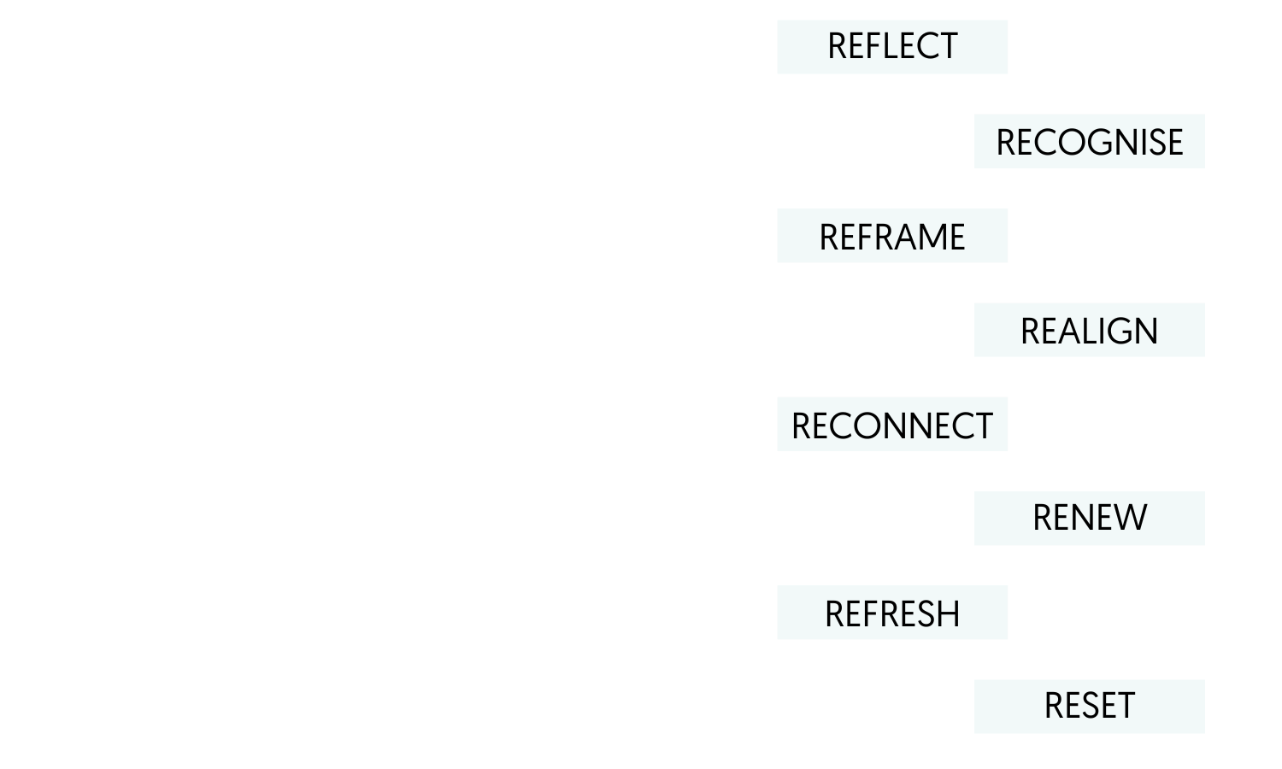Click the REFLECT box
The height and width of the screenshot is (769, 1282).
coord(892,47)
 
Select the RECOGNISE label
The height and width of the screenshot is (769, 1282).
coord(1089,143)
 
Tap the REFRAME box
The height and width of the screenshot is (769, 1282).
coord(892,237)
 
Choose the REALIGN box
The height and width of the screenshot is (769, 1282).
coord(1089,331)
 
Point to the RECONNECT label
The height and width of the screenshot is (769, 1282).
coord(892,425)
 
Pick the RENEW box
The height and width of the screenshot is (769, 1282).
coord(1089,519)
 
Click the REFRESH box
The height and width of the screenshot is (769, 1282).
coord(892,614)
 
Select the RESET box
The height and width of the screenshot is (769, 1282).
coord(1089,707)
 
